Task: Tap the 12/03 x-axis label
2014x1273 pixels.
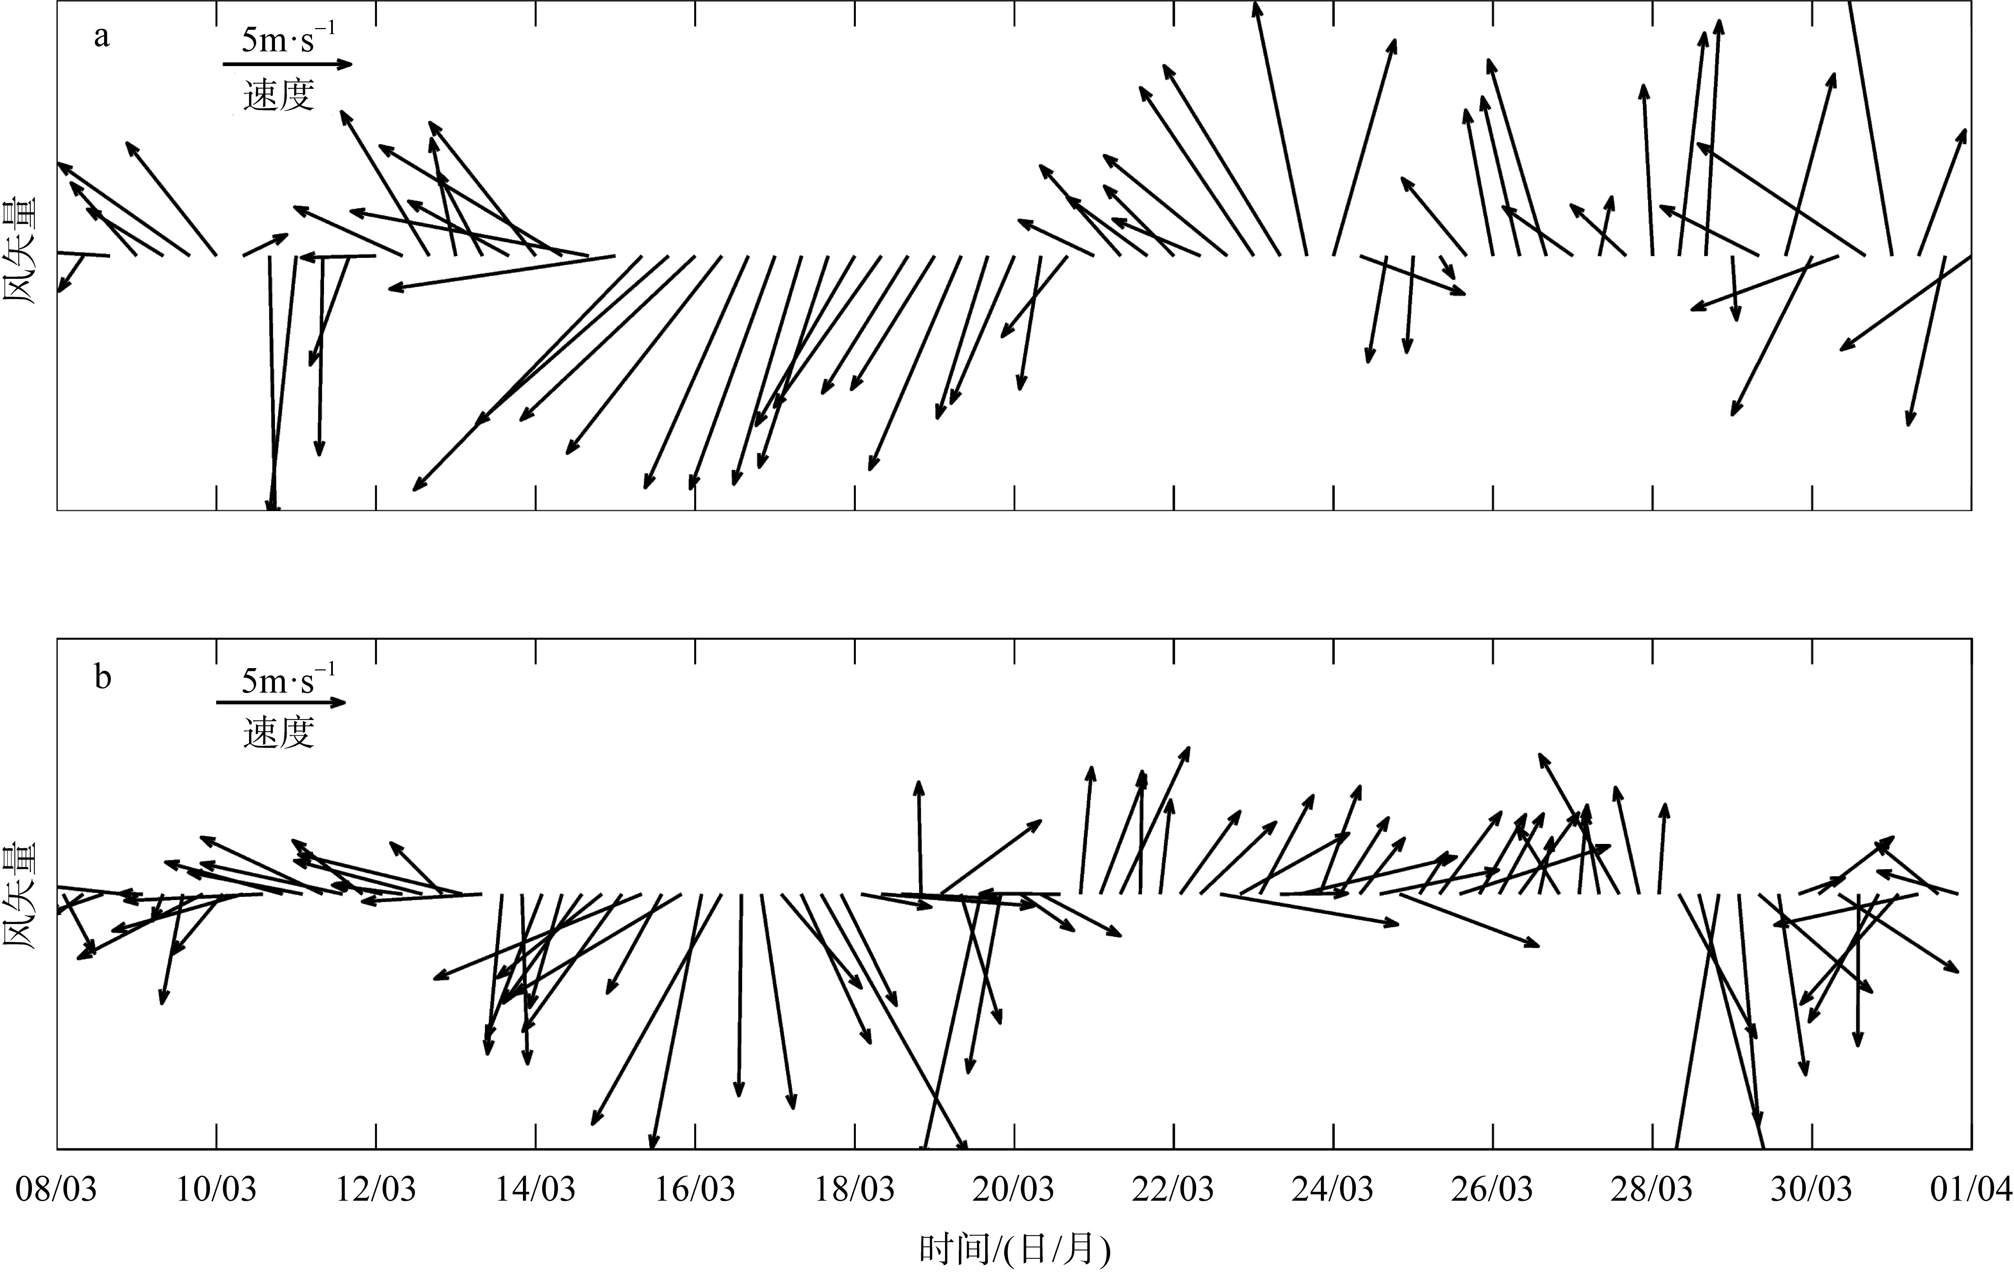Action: pyautogui.click(x=376, y=1188)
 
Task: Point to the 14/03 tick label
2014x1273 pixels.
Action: pyautogui.click(x=535, y=1188)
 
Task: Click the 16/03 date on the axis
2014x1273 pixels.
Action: pyautogui.click(x=694, y=1188)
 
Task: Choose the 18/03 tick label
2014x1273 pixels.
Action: pyautogui.click(x=854, y=1188)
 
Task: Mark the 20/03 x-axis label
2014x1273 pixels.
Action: pyautogui.click(x=1014, y=1188)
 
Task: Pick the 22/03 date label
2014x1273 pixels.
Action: pyautogui.click(x=1173, y=1188)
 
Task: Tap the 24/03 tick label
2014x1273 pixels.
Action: pyautogui.click(x=1332, y=1188)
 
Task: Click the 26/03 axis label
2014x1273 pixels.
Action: pyautogui.click(x=1492, y=1188)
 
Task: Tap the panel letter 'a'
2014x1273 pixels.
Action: pyautogui.click(x=101, y=37)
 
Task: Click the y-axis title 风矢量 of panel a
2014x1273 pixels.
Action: pyautogui.click(x=21, y=251)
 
